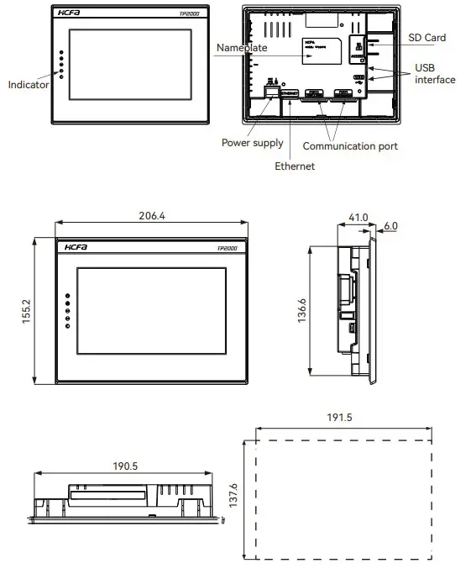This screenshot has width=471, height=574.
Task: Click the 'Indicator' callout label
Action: click(x=29, y=84)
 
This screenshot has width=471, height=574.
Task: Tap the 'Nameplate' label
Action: click(x=242, y=48)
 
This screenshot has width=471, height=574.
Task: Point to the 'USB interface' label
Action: click(x=434, y=73)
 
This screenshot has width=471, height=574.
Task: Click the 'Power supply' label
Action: click(x=252, y=143)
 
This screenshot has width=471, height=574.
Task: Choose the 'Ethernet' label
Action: click(x=295, y=166)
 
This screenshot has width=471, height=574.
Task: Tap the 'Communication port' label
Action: click(x=350, y=146)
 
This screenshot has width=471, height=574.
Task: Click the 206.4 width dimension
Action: click(x=151, y=215)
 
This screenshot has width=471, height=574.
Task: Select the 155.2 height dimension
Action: click(x=26, y=311)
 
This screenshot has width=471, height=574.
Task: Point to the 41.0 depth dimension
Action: click(x=358, y=217)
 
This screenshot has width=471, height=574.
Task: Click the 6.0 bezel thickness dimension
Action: click(x=391, y=226)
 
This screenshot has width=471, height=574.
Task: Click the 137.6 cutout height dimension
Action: click(x=234, y=496)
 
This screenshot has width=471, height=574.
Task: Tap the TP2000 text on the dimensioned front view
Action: click(x=228, y=248)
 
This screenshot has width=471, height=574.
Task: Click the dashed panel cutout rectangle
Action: click(x=338, y=496)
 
